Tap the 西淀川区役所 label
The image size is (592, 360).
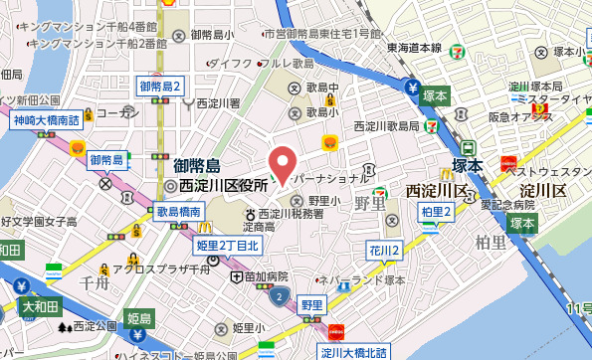click(x=231, y=185)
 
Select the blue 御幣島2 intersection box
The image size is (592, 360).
click(x=160, y=87)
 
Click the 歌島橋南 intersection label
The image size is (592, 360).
click(x=179, y=212)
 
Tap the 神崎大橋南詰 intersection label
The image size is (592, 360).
click(x=46, y=120)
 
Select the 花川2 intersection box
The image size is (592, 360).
click(x=385, y=250)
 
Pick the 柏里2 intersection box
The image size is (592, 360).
click(x=437, y=211)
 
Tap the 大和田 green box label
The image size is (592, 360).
click(x=41, y=305)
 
